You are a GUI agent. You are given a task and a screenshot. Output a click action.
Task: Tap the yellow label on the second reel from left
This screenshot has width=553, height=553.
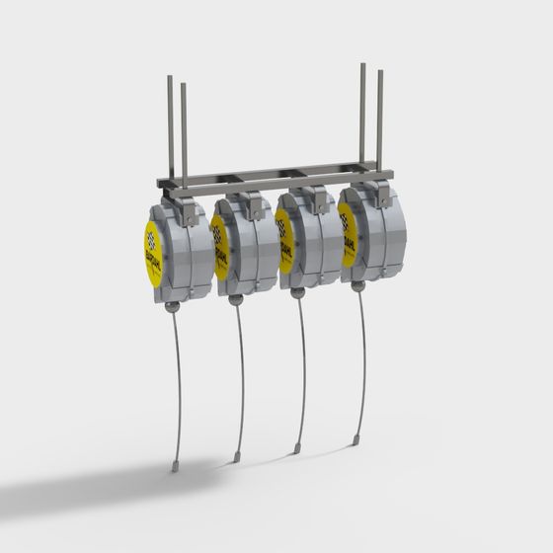[x=220, y=247]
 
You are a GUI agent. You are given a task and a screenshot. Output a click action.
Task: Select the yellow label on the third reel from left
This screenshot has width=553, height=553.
[x=284, y=243]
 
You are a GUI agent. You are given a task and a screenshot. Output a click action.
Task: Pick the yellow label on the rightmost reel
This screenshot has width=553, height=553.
[x=348, y=236]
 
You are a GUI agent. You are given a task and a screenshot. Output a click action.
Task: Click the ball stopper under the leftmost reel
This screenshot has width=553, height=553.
[x=173, y=307]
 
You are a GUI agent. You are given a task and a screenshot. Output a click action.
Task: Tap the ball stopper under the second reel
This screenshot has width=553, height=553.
[x=235, y=299]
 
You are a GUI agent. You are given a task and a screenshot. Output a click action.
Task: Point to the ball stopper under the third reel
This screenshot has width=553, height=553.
[x=297, y=292]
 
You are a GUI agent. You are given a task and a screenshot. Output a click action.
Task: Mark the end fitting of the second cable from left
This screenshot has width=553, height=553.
[x=237, y=457]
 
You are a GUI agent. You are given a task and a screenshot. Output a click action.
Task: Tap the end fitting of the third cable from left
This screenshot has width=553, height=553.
[x=297, y=448]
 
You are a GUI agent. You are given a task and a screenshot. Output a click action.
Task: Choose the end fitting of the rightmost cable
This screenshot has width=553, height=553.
[x=355, y=439]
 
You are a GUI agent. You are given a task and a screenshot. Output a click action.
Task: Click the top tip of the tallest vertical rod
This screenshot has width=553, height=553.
[x=362, y=65]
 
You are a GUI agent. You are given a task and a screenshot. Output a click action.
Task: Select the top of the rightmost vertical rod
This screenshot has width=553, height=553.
[x=379, y=71]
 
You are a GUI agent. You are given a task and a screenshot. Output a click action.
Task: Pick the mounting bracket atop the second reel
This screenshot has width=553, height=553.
[x=254, y=203]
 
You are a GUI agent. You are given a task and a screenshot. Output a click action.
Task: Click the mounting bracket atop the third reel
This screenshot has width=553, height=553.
[x=318, y=197]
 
